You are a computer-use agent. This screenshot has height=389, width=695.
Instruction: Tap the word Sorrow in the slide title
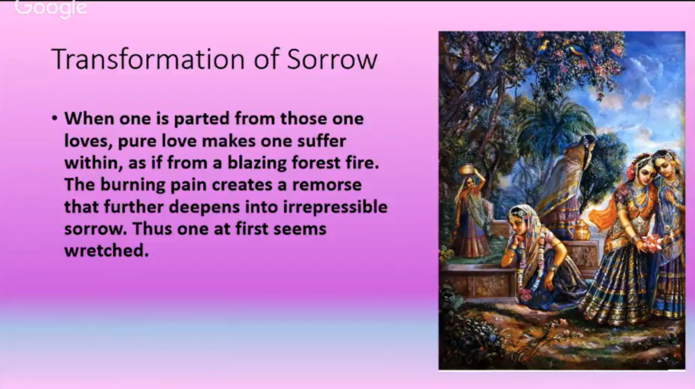[x=332, y=59]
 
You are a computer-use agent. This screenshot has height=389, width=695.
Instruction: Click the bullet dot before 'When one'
[x=54, y=118]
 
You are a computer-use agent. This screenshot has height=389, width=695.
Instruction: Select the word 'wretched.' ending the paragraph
[x=107, y=251]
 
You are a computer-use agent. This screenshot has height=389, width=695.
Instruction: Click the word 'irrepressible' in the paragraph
[x=335, y=207]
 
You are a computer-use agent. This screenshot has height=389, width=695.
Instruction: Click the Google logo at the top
[x=50, y=8]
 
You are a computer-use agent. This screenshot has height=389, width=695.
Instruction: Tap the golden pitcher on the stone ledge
[x=580, y=230]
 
